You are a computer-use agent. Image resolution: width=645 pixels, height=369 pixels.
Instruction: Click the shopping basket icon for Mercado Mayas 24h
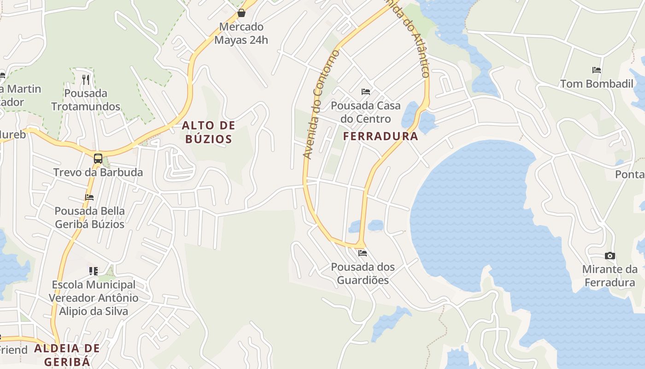(241, 13)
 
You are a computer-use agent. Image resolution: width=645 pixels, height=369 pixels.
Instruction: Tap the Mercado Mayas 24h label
(241, 33)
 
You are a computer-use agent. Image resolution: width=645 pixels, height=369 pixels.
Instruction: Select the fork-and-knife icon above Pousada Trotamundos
(86, 79)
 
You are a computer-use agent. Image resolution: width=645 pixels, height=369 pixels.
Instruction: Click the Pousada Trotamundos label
(86, 100)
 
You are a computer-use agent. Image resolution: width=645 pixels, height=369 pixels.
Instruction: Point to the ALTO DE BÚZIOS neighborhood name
(209, 132)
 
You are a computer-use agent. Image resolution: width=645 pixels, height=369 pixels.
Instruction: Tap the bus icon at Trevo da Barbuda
(98, 159)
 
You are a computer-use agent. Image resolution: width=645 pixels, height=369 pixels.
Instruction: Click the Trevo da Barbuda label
(98, 173)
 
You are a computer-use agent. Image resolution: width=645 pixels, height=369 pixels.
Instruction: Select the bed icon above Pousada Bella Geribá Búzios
(89, 197)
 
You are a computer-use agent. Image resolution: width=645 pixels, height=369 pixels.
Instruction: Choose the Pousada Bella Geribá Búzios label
(90, 218)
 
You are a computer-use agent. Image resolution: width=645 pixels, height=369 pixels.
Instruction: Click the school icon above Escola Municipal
(94, 271)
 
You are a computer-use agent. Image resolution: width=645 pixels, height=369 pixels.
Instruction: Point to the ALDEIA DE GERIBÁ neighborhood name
(67, 355)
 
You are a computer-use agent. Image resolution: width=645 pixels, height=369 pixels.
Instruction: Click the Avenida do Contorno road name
(321, 105)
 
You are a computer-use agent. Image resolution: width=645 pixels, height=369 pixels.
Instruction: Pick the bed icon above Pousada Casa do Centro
(366, 92)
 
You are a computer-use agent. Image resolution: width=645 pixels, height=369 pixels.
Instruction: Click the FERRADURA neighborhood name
(381, 137)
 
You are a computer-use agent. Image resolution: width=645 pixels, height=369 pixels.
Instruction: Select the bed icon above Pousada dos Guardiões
(363, 253)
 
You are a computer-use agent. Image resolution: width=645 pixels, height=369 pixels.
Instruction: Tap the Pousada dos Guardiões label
(363, 274)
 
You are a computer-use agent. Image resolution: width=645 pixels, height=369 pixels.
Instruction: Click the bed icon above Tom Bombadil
(597, 70)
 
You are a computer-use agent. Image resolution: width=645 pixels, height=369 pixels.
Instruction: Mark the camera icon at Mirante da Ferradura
(610, 256)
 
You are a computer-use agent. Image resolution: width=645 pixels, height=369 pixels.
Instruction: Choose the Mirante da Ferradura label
(610, 276)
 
